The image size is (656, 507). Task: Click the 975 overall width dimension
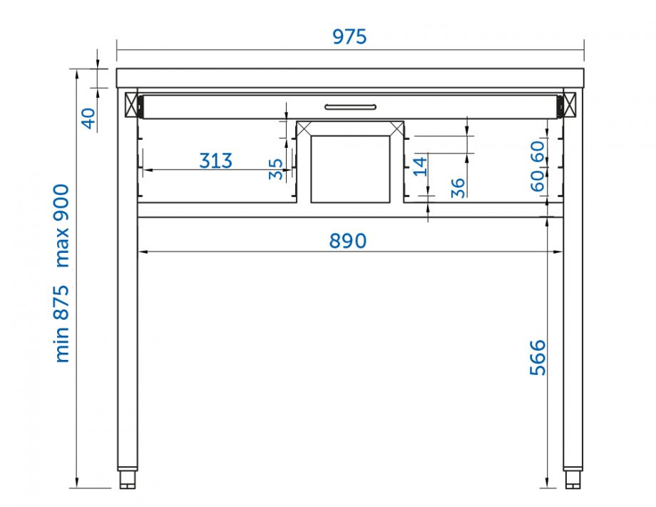[x=349, y=36]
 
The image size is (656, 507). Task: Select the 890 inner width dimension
[x=348, y=241]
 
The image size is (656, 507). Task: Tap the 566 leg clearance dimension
[x=538, y=357]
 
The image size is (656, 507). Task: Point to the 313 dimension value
[x=215, y=161]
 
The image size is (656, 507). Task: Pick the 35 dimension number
[x=275, y=169]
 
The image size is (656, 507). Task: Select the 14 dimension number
[x=420, y=166]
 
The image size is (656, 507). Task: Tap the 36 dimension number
[x=458, y=187]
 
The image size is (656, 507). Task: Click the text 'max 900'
[x=63, y=225]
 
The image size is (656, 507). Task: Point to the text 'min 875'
[x=63, y=323]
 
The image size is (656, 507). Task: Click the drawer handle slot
[x=349, y=107]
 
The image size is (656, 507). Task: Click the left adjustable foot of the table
[x=128, y=478]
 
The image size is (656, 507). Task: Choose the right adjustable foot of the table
[x=573, y=478]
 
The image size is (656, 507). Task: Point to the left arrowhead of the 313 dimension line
[x=145, y=170]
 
